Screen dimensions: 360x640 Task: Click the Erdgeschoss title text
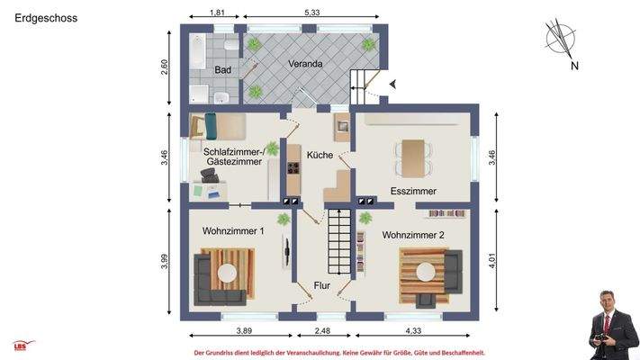pos(45,17)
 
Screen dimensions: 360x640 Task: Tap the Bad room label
pos(223,70)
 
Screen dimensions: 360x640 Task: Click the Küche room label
pos(320,155)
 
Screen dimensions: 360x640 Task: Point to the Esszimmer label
pos(413,192)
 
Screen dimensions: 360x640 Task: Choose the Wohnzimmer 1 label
pos(233,231)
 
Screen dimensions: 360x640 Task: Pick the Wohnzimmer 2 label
pos(414,236)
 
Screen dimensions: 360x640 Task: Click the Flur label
pos(321,287)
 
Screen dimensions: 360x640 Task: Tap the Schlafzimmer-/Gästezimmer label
pos(233,157)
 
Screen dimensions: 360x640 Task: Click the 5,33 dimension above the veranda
pos(312,13)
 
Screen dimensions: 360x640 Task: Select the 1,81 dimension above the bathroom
pos(217,13)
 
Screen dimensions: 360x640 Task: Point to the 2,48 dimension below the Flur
pos(321,332)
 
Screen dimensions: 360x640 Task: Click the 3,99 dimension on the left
pos(165,262)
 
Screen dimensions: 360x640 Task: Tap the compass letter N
pos(573,66)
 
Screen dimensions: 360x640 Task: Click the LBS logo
pos(23,345)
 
